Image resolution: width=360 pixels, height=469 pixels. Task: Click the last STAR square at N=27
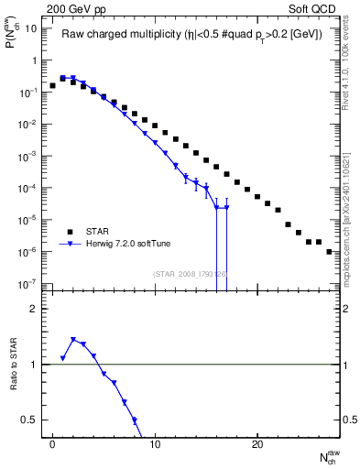(329, 251)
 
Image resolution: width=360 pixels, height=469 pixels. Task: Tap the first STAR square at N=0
(52, 85)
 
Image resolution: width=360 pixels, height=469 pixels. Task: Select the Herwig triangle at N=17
(226, 207)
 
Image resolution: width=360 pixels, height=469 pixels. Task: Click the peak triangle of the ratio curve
(73, 340)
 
